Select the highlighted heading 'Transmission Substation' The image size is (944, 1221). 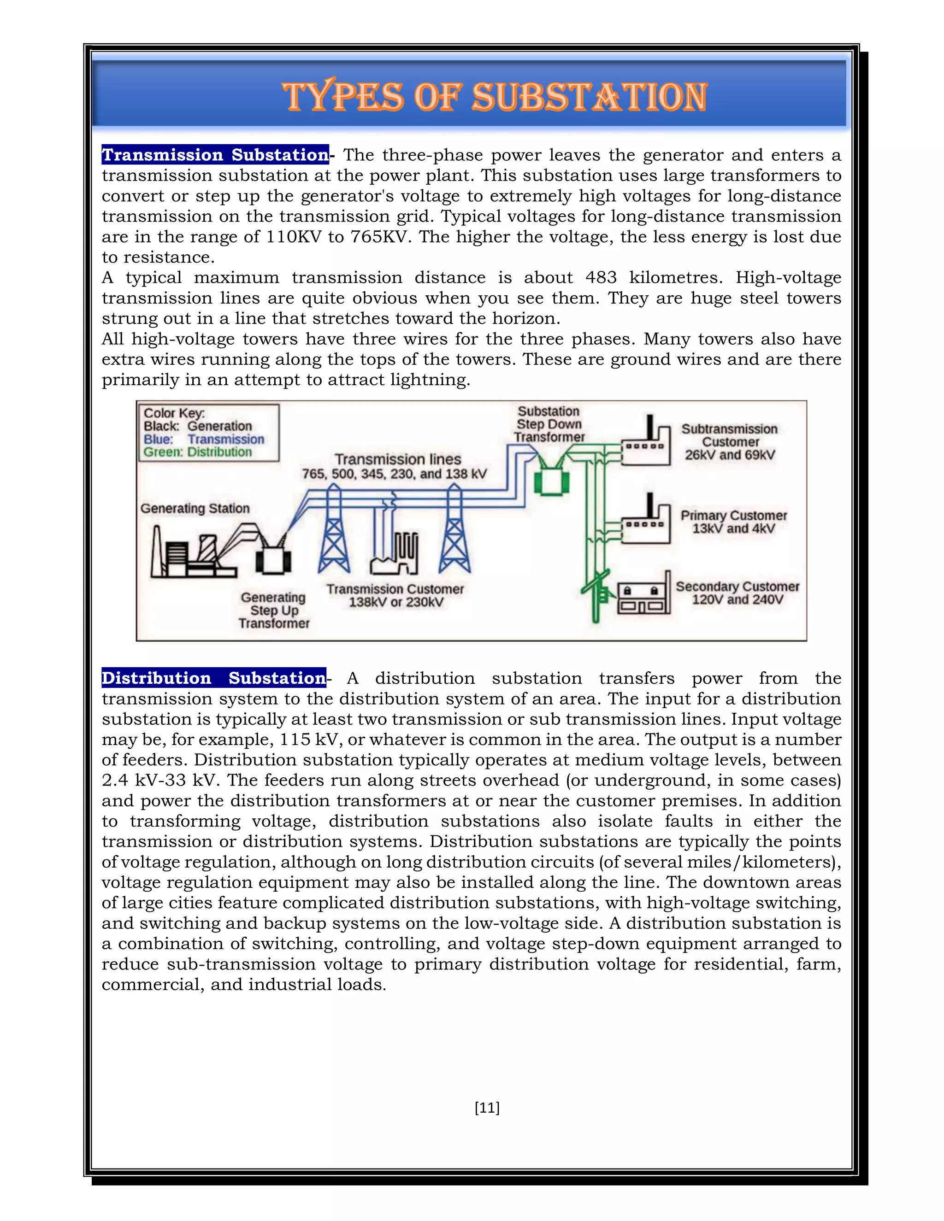pos(215,155)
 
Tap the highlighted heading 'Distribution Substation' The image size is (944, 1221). pos(213,678)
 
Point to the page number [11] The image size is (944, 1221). pos(487,1108)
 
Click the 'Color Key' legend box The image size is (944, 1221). pos(209,433)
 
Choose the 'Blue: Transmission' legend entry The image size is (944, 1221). pos(204,440)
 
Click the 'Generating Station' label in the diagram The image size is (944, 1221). pos(195,508)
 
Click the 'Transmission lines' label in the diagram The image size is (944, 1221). pos(398,459)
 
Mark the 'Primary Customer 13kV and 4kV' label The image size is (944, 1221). pos(733,522)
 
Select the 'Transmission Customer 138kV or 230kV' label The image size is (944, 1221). pos(395,595)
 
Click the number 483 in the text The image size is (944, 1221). pos(601,277)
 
